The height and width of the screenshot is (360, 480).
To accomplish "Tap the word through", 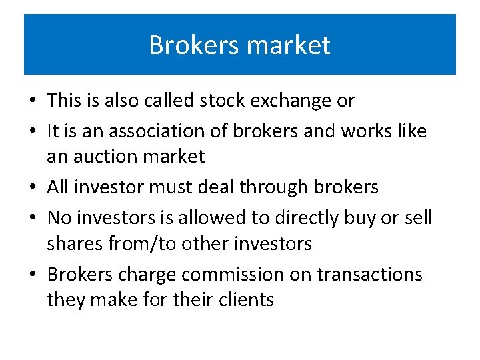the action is coord(290,188).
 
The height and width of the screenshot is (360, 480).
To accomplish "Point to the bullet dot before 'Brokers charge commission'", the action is coord(33,275).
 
